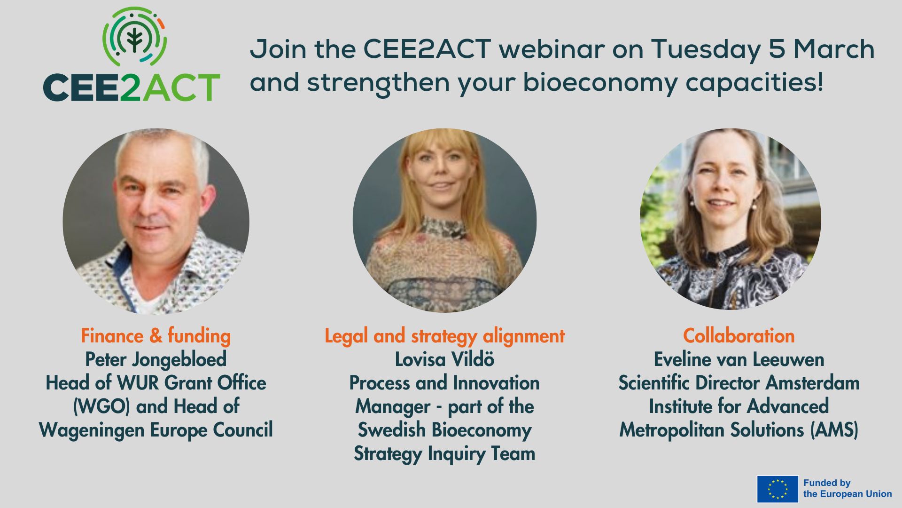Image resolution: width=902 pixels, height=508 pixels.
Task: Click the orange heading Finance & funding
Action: tap(156, 336)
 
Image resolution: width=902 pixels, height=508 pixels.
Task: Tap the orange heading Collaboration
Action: tap(739, 336)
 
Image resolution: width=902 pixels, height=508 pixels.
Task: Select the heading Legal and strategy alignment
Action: tap(444, 336)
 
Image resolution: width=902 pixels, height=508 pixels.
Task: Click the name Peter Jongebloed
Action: tap(156, 360)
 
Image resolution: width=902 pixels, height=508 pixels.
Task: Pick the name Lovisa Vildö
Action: tap(444, 359)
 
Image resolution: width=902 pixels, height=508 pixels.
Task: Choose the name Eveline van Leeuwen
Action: tap(739, 359)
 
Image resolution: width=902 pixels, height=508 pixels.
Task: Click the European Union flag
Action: tap(778, 489)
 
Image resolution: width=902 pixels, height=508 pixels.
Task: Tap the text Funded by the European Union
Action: tap(848, 488)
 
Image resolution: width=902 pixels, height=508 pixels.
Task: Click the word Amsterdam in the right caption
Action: tap(813, 383)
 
